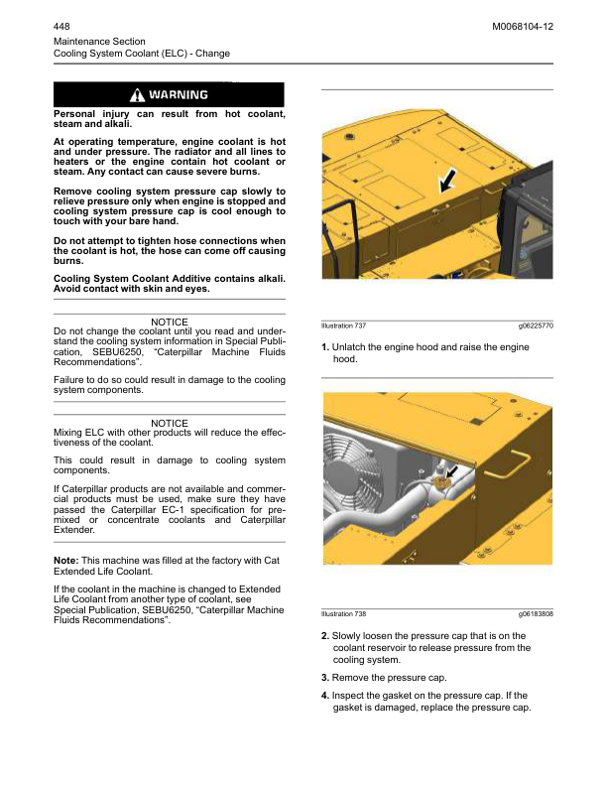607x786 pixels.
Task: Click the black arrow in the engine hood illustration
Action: click(x=448, y=179)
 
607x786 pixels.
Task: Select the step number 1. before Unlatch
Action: click(x=325, y=347)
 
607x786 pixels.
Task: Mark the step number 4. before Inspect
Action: click(x=325, y=695)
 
